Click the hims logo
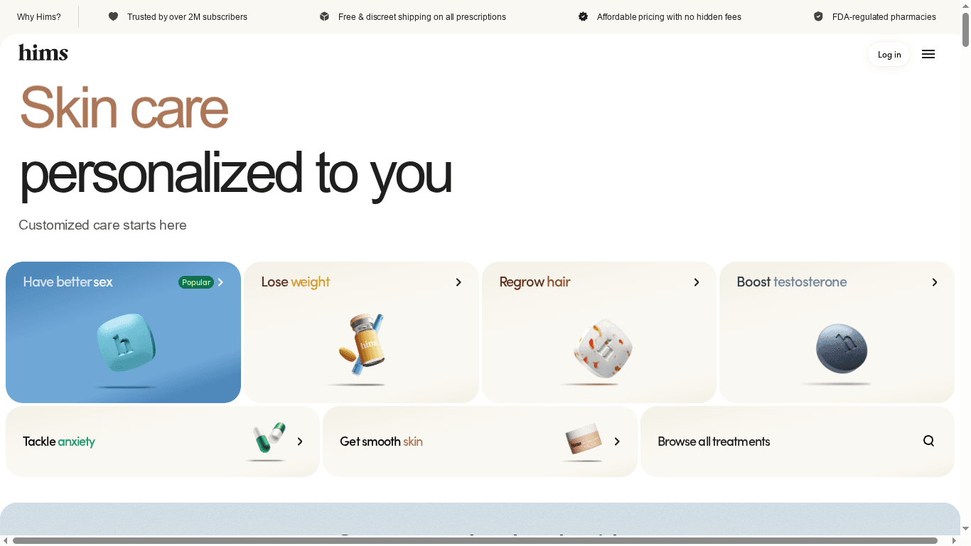43,53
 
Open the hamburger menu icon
928,54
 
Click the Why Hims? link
39,16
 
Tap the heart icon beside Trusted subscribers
113,16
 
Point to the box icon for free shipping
324,16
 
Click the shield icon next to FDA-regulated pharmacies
818,16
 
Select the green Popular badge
195,282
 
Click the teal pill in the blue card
125,344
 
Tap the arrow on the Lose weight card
458,282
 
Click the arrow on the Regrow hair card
697,282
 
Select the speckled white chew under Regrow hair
603,349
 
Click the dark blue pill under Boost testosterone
841,348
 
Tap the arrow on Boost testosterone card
935,282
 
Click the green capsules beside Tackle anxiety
269,437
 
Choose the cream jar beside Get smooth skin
583,439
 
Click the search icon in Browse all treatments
928,441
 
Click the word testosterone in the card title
810,282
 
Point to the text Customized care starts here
102,225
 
